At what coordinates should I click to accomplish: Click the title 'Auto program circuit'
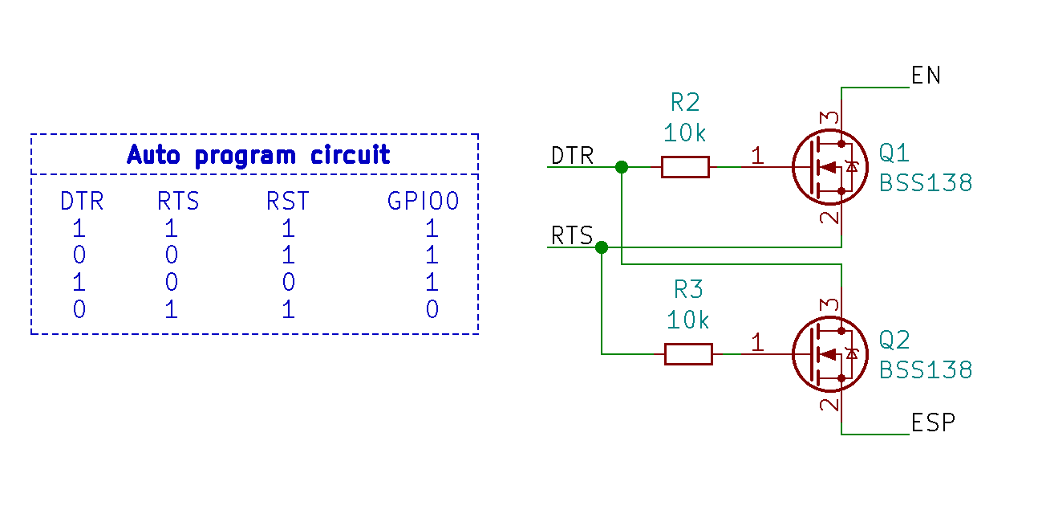click(258, 154)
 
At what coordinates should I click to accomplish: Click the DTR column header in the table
click(82, 201)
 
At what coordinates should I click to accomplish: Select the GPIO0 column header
click(423, 201)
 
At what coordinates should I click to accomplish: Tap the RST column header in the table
click(287, 201)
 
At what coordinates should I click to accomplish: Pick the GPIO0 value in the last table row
click(432, 309)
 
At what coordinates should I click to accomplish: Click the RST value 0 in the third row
click(288, 282)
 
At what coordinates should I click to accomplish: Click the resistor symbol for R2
click(685, 167)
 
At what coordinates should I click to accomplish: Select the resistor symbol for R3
click(688, 353)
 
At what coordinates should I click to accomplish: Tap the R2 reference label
click(684, 102)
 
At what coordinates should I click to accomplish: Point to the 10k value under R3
click(687, 320)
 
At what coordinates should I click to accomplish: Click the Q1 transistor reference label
click(894, 153)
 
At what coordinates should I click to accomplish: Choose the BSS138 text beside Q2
click(926, 370)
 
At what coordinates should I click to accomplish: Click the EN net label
click(926, 75)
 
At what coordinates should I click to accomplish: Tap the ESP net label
click(933, 422)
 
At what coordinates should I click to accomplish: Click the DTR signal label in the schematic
click(572, 155)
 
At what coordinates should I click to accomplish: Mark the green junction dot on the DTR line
click(621, 167)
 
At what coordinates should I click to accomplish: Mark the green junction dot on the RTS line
click(602, 247)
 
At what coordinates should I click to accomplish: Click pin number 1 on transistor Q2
click(757, 343)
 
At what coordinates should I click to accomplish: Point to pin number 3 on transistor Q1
click(832, 118)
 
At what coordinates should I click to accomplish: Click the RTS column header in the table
click(178, 201)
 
